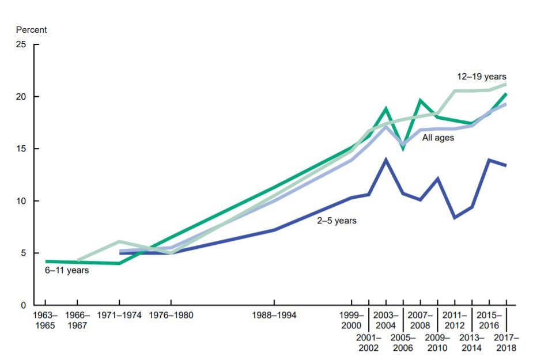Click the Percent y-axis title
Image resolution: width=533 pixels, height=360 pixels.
click(x=31, y=29)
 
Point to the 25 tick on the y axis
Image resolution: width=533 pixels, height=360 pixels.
click(x=22, y=44)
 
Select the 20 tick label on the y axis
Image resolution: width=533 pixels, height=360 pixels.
click(x=22, y=97)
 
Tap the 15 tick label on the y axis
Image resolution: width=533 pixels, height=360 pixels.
click(x=22, y=149)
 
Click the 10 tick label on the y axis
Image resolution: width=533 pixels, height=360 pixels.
click(x=22, y=201)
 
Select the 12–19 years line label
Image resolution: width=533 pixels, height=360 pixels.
click(x=482, y=76)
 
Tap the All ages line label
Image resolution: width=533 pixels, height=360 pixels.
click(x=438, y=138)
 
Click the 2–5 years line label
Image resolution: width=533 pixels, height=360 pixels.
click(x=337, y=220)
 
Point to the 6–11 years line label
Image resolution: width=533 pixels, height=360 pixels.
click(x=67, y=270)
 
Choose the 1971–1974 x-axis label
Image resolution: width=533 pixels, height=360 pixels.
click(x=119, y=316)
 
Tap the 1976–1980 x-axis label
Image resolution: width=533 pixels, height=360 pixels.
click(x=171, y=316)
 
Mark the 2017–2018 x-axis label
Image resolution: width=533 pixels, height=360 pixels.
click(x=506, y=343)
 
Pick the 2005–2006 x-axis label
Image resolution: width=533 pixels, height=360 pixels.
click(x=403, y=343)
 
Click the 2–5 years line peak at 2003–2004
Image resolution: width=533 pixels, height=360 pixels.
click(x=385, y=160)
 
